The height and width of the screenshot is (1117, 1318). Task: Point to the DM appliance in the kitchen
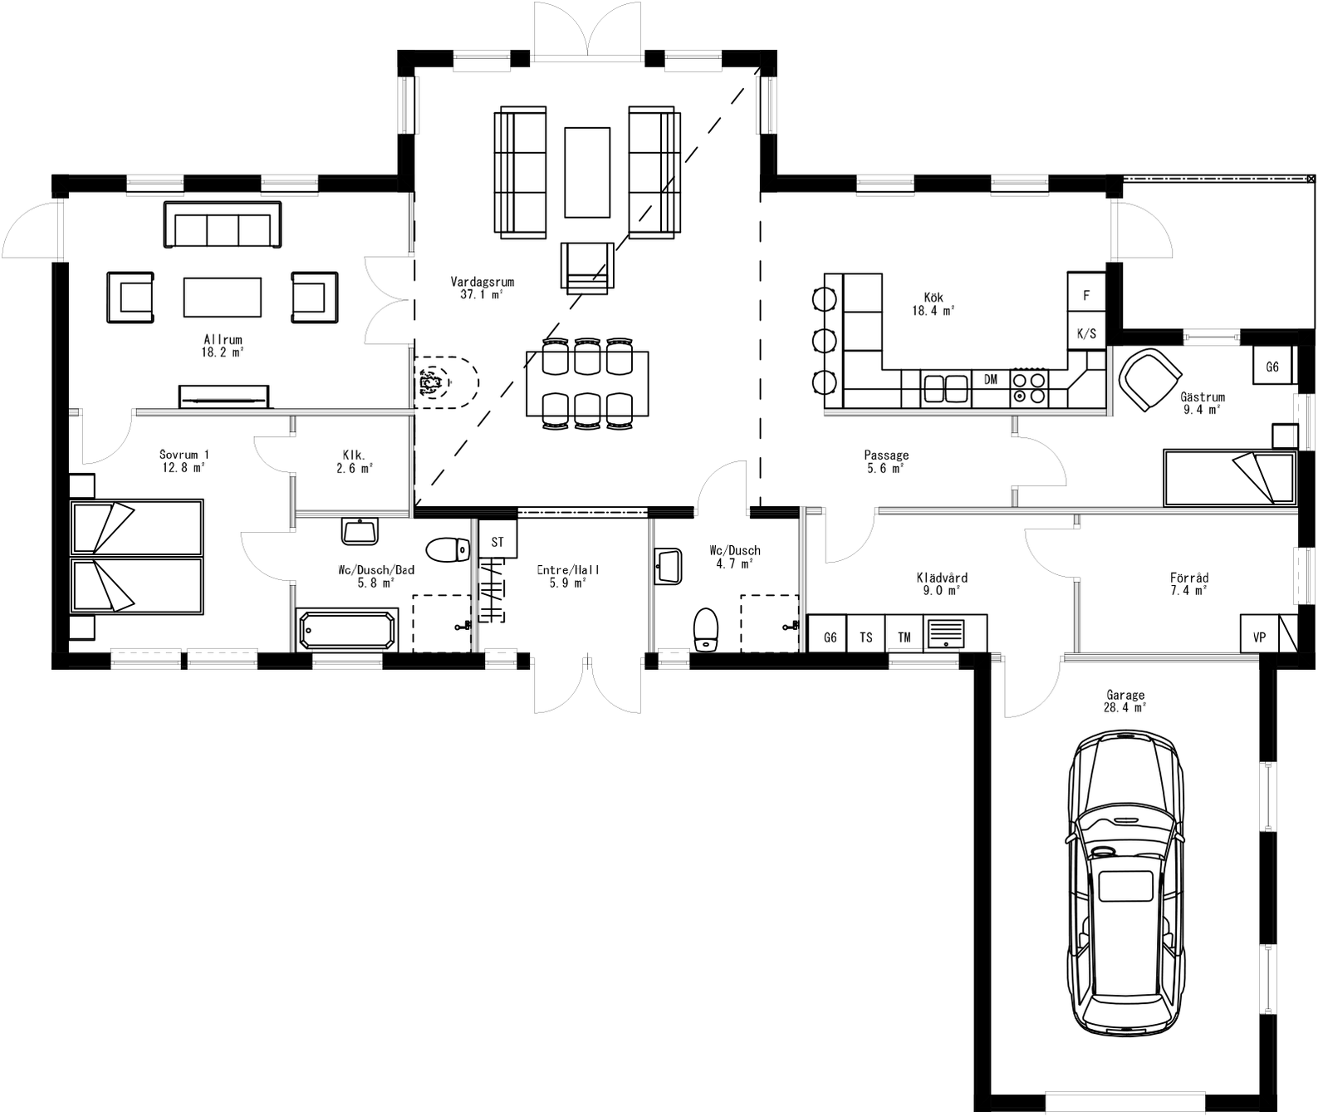click(x=991, y=380)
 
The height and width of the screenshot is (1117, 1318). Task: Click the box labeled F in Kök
click(x=1086, y=296)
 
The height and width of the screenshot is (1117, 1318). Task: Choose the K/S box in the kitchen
click(x=1086, y=334)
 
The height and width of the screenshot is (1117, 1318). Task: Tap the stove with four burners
click(x=1029, y=388)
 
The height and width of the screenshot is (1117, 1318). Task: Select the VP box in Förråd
click(x=1259, y=637)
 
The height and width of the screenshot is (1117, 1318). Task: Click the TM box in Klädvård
click(x=904, y=637)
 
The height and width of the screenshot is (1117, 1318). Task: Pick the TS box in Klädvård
click(x=866, y=637)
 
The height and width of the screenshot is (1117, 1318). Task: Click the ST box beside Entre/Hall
click(x=497, y=542)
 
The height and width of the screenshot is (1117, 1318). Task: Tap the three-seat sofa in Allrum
click(x=223, y=225)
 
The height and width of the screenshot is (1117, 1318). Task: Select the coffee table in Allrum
click(x=223, y=297)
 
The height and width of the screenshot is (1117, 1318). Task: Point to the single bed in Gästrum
click(x=1229, y=478)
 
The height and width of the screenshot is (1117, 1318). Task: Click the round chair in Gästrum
click(x=1149, y=379)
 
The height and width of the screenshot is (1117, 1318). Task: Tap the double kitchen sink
click(x=946, y=388)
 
